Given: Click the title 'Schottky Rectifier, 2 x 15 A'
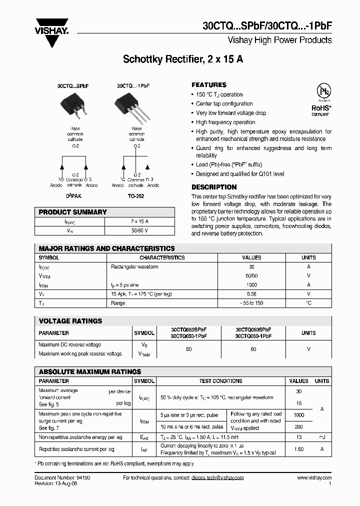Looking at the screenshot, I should tap(183, 59).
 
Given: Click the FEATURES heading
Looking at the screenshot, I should tap(209, 85).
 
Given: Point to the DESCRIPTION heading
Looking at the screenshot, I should tap(214, 187).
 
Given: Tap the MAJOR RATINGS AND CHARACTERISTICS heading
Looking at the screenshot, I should tap(107, 248).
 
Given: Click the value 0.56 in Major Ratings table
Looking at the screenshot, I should tap(251, 294).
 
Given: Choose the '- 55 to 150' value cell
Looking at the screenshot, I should tap(251, 303).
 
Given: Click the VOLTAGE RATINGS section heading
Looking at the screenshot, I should tap(70, 321).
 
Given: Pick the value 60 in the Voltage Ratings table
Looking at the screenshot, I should tap(253, 349).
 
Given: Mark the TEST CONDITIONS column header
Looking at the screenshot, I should tap(220, 381).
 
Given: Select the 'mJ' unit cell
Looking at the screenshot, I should tap(322, 437).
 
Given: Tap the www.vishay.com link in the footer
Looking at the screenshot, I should tap(313, 478).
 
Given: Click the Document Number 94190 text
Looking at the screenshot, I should tap(62, 478).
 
